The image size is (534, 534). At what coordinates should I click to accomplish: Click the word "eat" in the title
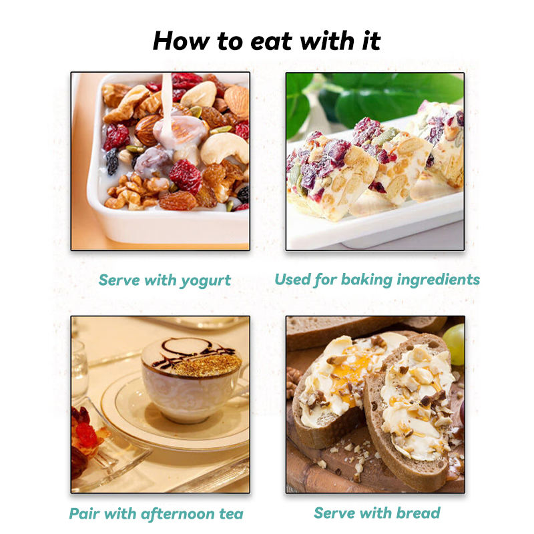point(271,41)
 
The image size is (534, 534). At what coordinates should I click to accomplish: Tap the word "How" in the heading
point(182,41)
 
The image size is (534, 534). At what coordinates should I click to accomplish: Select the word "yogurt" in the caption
point(206,281)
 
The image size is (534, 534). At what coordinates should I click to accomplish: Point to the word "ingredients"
point(439,280)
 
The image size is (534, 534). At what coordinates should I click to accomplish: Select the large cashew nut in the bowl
point(224,148)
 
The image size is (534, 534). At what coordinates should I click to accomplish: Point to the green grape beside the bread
point(455,344)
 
